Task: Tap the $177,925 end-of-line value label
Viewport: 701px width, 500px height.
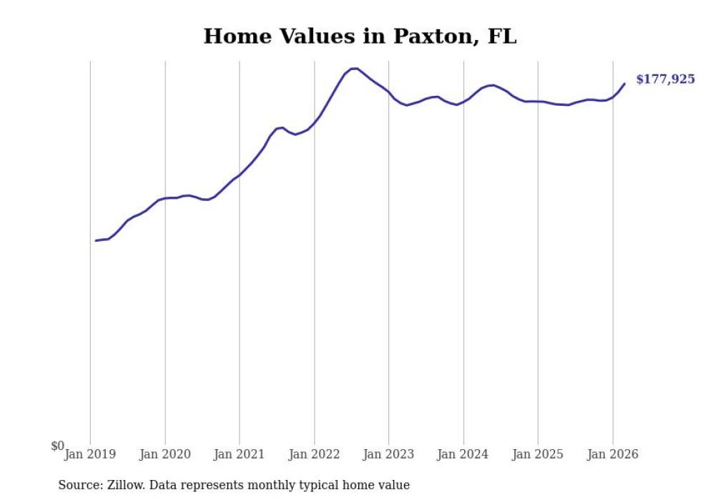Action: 665,79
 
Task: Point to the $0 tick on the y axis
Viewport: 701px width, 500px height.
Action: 57,446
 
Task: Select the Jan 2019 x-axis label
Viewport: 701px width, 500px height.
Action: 90,454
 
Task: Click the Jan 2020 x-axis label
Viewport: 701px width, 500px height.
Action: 165,454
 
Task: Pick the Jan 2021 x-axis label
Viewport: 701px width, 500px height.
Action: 240,454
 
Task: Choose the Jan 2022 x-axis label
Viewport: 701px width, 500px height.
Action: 314,454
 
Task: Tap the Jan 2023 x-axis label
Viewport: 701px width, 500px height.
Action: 388,454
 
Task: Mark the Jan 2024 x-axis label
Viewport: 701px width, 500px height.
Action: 464,454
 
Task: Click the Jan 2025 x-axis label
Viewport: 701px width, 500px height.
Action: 538,454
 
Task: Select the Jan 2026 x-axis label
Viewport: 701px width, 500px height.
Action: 612,454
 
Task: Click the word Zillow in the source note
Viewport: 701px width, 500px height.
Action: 127,485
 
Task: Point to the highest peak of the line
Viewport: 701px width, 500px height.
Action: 353,68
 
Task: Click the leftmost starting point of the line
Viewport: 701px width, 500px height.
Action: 96,240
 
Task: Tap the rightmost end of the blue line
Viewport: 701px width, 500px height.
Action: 624,84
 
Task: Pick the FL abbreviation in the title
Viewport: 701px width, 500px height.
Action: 501,36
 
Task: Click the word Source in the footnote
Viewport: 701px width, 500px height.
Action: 79,485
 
